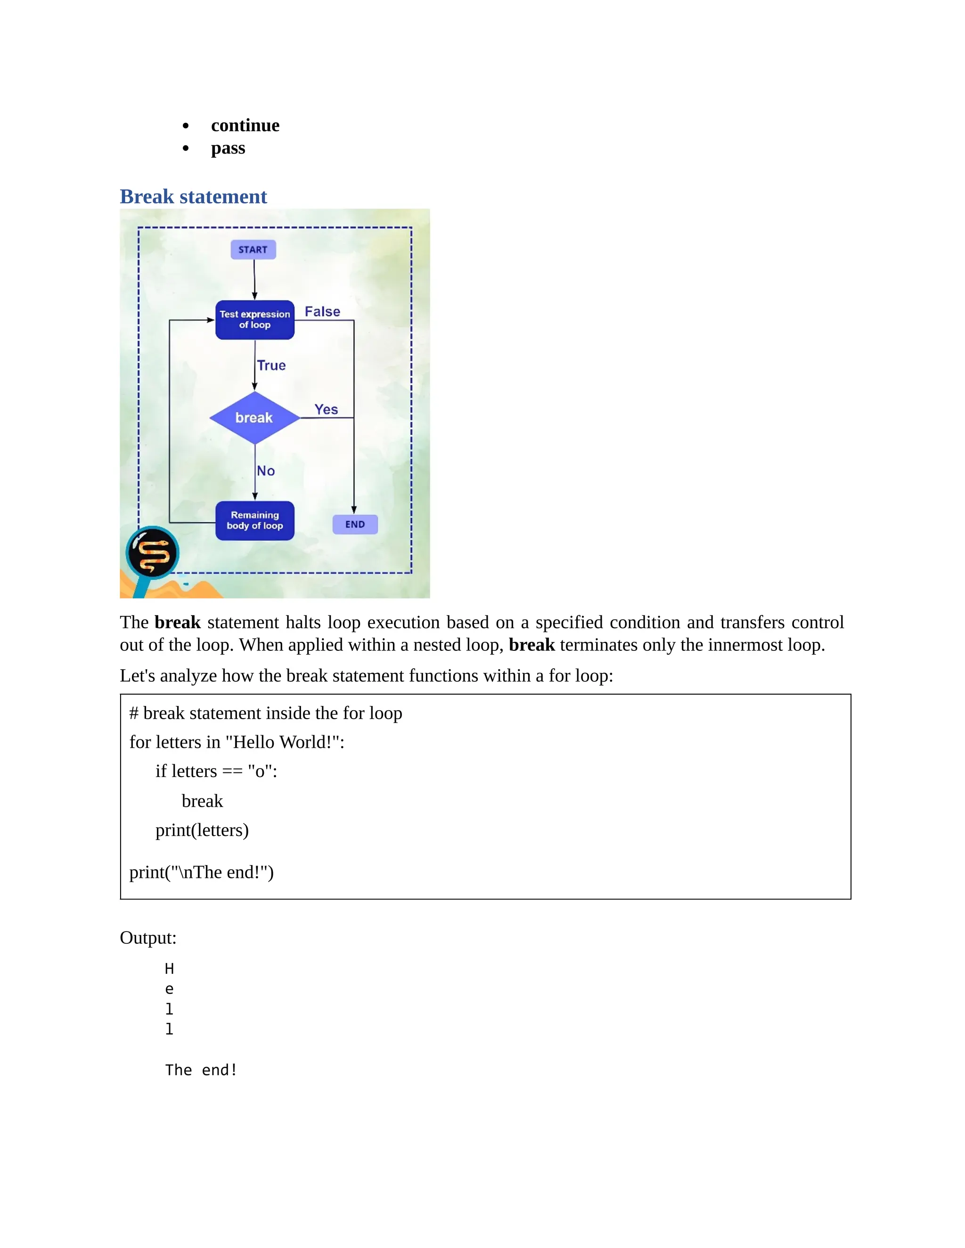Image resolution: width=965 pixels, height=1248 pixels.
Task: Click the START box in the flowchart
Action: click(253, 250)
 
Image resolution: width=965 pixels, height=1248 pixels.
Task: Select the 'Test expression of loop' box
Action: click(255, 320)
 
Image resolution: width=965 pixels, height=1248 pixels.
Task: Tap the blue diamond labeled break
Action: click(254, 418)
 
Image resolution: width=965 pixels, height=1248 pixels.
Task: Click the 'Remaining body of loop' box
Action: click(255, 520)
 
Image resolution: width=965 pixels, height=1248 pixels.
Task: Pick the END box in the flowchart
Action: click(355, 525)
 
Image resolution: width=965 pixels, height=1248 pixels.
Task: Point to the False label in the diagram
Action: click(322, 311)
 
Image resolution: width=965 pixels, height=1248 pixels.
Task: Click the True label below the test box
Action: click(271, 365)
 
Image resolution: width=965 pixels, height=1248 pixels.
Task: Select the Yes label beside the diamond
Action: click(326, 409)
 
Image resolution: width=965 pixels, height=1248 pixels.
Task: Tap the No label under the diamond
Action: click(266, 471)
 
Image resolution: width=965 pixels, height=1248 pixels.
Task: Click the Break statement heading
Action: click(193, 196)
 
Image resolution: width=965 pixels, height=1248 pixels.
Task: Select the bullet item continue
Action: click(245, 125)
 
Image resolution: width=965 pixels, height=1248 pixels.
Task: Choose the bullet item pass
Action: click(228, 148)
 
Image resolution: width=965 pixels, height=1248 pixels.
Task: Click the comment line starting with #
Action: click(266, 713)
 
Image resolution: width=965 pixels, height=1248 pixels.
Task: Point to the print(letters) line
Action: click(202, 830)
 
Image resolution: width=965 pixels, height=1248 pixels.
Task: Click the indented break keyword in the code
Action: click(202, 801)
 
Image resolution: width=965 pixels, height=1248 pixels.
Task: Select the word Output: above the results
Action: click(148, 938)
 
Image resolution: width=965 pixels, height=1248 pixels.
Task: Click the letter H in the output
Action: click(169, 969)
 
